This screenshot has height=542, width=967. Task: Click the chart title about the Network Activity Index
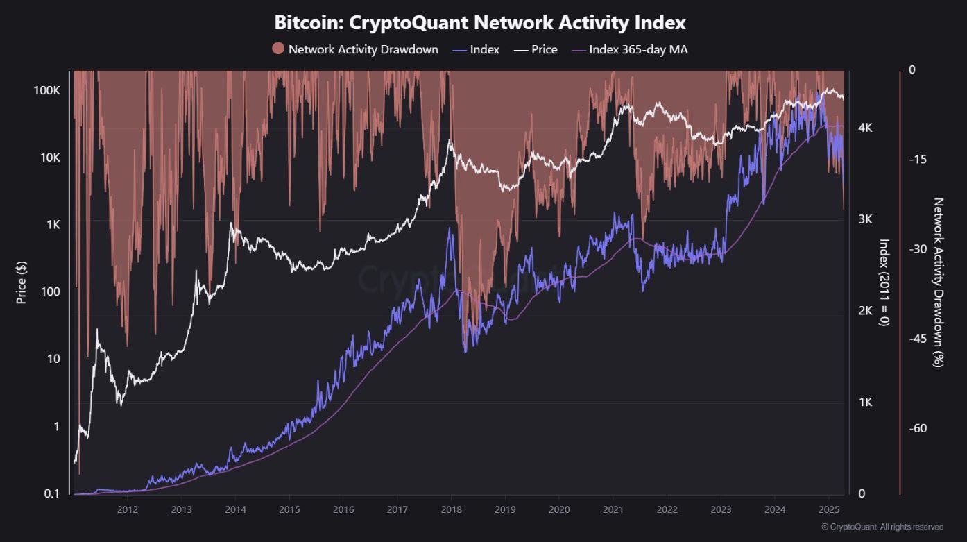click(480, 23)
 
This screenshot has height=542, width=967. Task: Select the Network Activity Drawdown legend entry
click(355, 49)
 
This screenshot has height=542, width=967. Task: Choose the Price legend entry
click(536, 49)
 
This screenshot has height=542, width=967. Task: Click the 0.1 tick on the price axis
click(53, 493)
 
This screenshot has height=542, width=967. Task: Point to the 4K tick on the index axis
click(865, 128)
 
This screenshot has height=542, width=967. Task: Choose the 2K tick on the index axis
click(865, 311)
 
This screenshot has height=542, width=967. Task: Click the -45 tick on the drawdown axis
click(917, 339)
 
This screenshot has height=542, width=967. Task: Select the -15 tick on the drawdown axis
click(917, 160)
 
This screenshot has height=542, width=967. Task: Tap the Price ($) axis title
click(22, 281)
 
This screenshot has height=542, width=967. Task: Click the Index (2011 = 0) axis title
click(884, 282)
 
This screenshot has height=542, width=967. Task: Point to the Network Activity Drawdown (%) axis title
click(939, 282)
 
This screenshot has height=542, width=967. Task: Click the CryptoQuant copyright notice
click(882, 527)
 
